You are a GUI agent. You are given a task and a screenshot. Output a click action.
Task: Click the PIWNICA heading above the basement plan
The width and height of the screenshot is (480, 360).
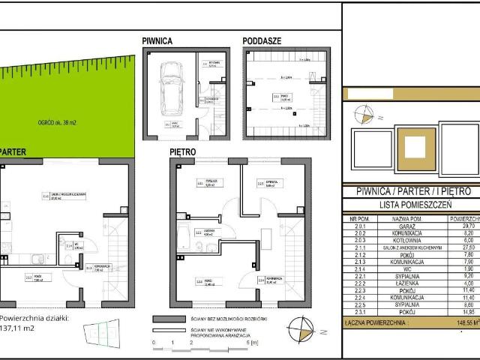157,41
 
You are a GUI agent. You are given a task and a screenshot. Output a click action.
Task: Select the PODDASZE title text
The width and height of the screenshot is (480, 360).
262,41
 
